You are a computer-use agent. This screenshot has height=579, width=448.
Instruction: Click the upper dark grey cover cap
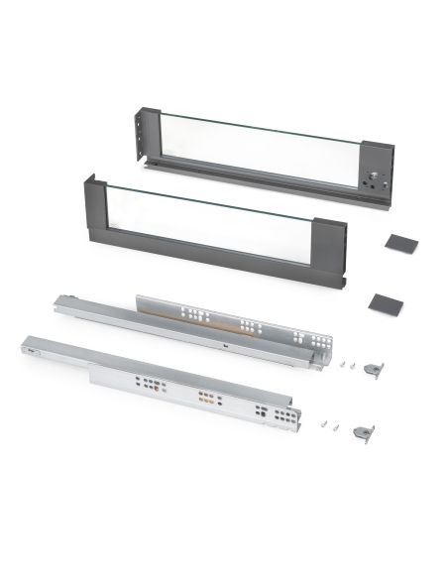click(401, 242)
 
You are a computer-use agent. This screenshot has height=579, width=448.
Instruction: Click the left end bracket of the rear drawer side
click(146, 136)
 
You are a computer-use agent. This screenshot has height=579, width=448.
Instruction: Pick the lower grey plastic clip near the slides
click(364, 432)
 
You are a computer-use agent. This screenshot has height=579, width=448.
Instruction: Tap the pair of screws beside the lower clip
click(330, 425)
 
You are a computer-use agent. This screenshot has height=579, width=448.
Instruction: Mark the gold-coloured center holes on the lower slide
click(207, 400)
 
